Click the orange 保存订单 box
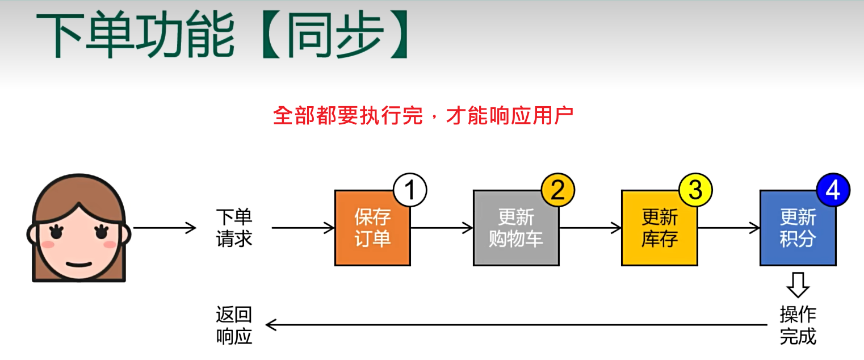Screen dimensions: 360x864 (x=372, y=228)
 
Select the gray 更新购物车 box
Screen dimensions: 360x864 (x=516, y=228)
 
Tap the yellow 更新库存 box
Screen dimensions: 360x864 (x=659, y=228)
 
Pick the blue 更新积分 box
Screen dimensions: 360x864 (x=798, y=228)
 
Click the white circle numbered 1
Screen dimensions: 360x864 (x=409, y=191)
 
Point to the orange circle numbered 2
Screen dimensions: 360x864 (x=558, y=191)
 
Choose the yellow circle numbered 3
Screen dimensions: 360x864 (x=695, y=191)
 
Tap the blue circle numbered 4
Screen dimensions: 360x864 (x=833, y=191)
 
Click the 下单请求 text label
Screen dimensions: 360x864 (x=234, y=228)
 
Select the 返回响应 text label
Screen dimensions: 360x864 (x=234, y=325)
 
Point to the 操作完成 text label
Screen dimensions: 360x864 (x=798, y=325)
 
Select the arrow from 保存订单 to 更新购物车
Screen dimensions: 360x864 (x=442, y=228)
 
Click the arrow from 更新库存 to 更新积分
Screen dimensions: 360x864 (x=728, y=228)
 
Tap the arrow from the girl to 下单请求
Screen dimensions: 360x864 (x=164, y=228)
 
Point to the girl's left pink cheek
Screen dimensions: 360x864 (x=49, y=244)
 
